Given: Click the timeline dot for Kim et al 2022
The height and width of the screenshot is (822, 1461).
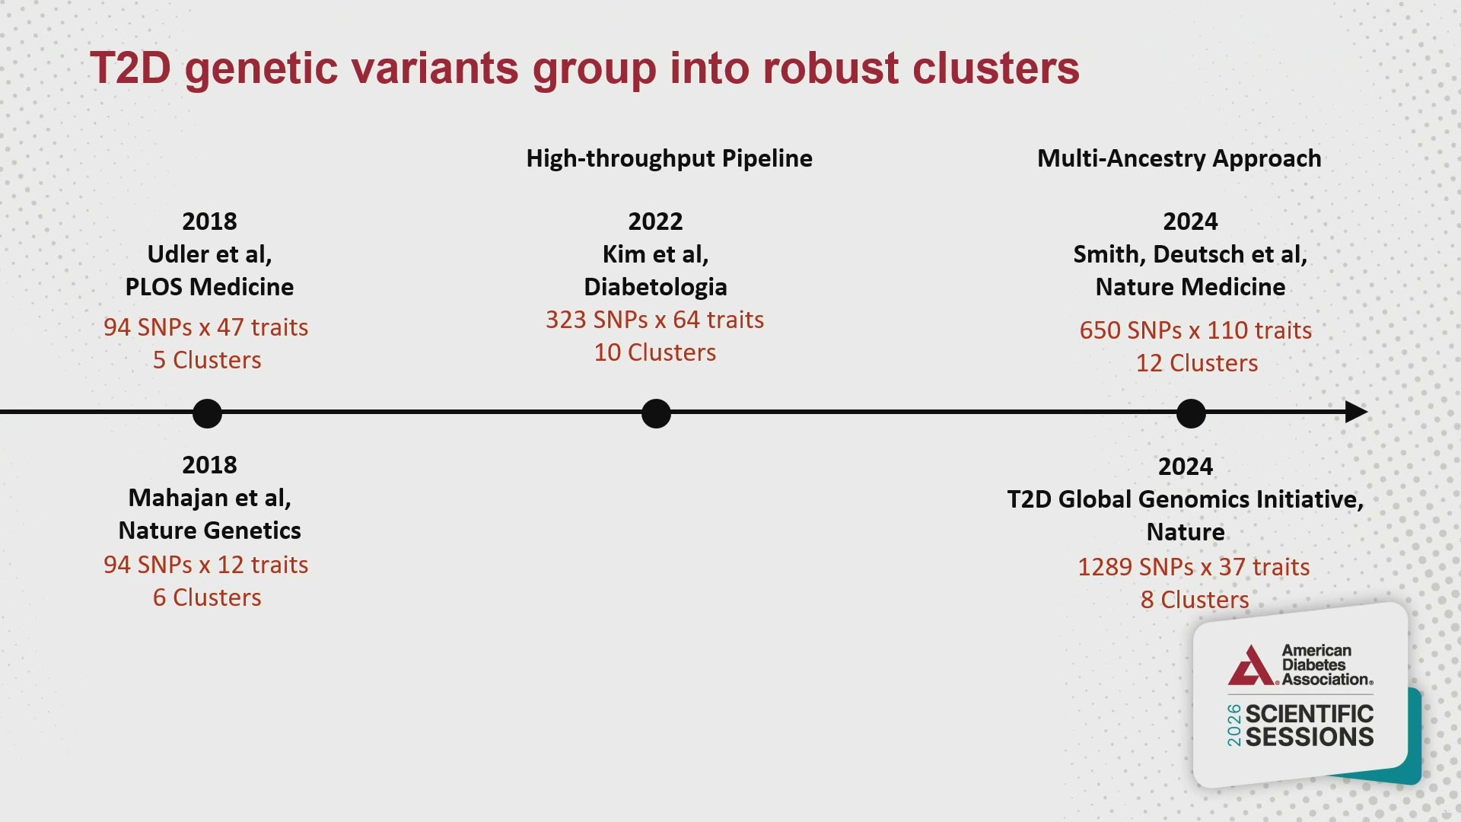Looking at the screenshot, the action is point(656,413).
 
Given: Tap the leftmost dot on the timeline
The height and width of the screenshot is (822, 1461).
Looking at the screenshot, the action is point(207,413).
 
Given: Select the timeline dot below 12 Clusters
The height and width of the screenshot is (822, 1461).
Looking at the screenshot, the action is point(1191,413).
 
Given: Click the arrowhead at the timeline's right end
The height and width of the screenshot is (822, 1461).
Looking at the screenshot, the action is point(1356,412).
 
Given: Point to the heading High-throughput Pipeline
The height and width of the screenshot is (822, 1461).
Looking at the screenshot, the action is point(670,158).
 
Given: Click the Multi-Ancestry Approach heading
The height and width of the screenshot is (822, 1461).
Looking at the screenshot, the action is point(1179,158).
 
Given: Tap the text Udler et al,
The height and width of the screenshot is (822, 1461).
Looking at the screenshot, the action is point(209,254).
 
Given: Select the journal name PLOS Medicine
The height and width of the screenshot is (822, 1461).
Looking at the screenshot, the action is point(209,287).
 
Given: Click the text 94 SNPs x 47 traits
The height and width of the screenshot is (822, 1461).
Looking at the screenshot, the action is point(206,327).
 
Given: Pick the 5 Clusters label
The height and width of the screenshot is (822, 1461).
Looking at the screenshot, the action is point(207,360).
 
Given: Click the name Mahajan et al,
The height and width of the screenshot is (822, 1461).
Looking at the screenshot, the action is point(209,498).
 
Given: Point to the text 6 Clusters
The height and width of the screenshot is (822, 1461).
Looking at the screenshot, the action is point(207,597).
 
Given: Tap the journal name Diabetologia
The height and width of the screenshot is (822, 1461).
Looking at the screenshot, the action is point(655,287).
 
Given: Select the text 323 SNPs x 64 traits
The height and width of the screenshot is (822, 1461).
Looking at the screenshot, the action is point(655,320).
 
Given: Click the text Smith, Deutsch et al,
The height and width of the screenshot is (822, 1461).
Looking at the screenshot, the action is point(1190,254).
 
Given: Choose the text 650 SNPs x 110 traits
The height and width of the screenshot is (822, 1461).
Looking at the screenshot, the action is point(1195,330).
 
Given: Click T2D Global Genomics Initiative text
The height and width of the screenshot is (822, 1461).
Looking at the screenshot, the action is point(1186,499).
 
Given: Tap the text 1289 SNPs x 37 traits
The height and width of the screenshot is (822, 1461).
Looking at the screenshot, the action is point(1194,567).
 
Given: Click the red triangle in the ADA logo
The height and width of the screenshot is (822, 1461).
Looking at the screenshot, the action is point(1252,666).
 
